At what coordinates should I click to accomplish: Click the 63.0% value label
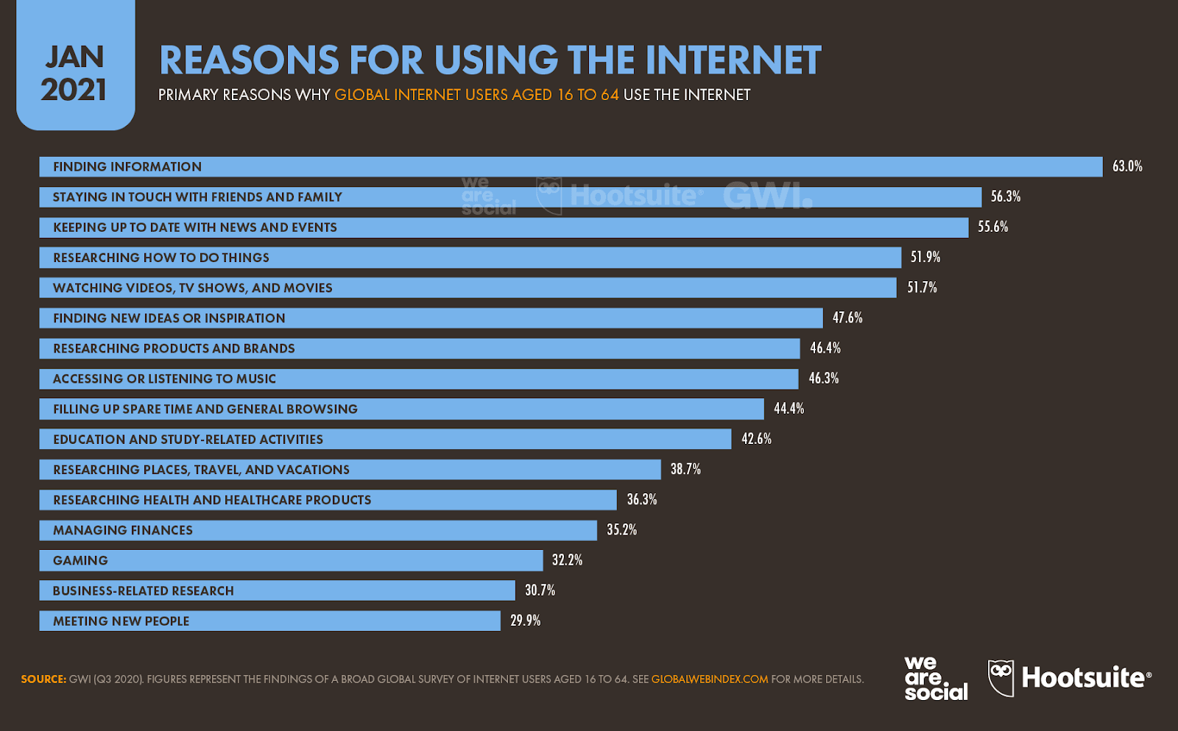tap(1126, 166)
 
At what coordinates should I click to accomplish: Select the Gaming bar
tap(291, 560)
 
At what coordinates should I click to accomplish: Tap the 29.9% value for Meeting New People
tap(525, 621)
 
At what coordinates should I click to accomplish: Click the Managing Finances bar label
tap(123, 530)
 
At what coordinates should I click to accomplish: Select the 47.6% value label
tap(847, 318)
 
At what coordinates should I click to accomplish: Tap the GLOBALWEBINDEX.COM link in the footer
tap(709, 679)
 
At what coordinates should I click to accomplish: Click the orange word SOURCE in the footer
tap(43, 679)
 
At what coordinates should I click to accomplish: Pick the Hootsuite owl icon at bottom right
tap(1000, 677)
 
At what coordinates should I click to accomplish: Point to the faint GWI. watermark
tap(767, 196)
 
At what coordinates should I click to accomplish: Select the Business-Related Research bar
tap(277, 590)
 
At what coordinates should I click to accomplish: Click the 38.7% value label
tap(685, 469)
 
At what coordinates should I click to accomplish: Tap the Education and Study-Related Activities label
tap(188, 439)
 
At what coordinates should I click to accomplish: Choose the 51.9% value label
tap(925, 257)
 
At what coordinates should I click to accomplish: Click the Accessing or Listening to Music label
tap(164, 378)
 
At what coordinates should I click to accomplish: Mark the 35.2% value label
tap(621, 530)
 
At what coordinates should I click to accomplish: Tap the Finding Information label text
tap(127, 166)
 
